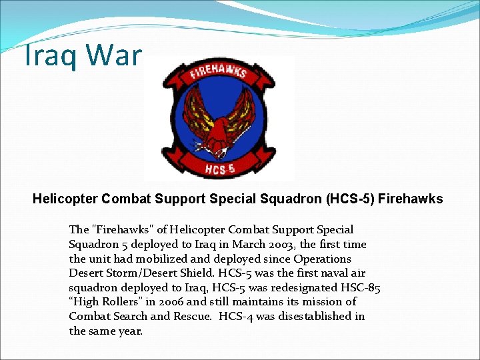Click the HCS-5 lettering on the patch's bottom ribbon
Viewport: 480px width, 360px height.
click(x=219, y=169)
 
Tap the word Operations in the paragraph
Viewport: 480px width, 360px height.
click(x=322, y=259)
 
